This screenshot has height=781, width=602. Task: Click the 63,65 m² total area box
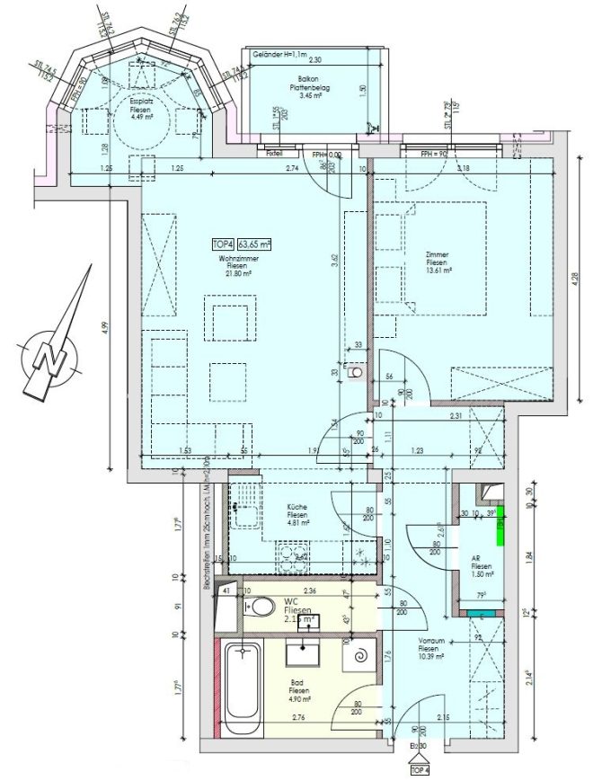click(253, 244)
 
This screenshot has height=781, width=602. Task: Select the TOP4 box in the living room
click(222, 244)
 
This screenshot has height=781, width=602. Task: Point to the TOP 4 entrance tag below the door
click(419, 769)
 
